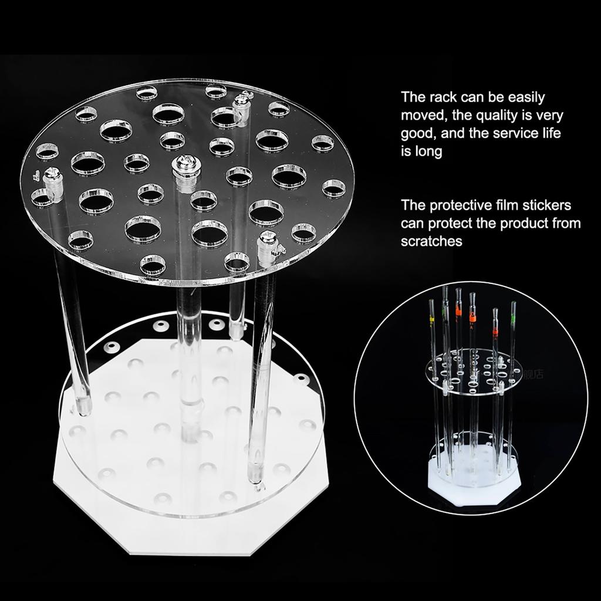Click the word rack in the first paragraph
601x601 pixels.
pyautogui.click(x=440, y=97)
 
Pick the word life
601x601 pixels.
pyautogui.click(x=550, y=133)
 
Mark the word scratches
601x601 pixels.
pyautogui.click(x=431, y=241)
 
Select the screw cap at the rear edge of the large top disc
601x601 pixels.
pyautogui.click(x=240, y=104)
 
